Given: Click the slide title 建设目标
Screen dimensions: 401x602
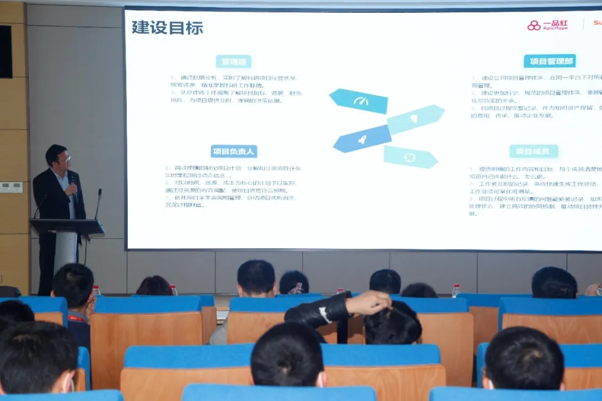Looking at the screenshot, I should [167, 27].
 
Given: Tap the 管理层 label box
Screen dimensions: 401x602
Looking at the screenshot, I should [234, 61].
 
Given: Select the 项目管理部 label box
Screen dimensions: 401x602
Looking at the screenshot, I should [549, 61].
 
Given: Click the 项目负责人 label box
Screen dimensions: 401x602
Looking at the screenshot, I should [234, 151].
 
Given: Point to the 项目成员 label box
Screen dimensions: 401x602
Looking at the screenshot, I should [533, 151].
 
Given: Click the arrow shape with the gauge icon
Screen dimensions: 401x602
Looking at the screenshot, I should [359, 101].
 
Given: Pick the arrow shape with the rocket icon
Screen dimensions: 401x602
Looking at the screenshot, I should [362, 139].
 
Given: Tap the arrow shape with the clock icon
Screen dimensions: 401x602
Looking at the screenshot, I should [410, 157].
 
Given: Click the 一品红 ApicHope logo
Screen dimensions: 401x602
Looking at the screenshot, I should [547, 25].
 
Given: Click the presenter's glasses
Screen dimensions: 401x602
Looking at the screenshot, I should [65, 159].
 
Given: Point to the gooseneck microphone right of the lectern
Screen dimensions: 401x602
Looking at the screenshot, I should [98, 203].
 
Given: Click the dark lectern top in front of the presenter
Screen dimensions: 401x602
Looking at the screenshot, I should [66, 226].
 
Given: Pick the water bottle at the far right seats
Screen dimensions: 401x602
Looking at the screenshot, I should [456, 290].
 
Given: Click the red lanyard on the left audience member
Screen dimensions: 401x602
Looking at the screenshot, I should [79, 319].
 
